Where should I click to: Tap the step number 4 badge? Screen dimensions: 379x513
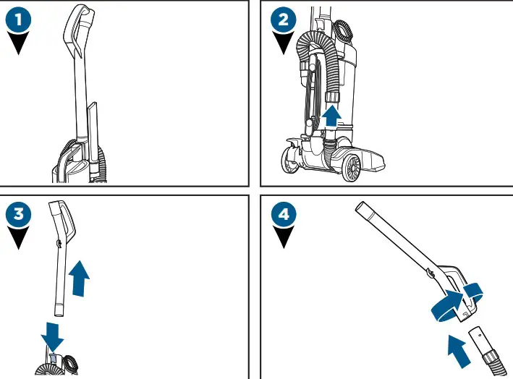click(283, 215)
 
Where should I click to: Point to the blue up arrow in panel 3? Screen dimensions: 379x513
click(80, 278)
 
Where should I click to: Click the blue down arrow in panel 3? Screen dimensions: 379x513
click(51, 334)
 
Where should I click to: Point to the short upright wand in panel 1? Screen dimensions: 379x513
click(93, 130)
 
